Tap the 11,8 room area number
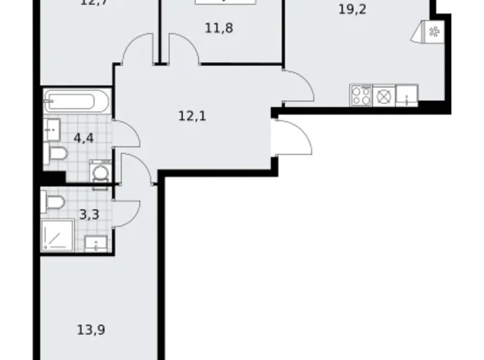pyautogui.click(x=220, y=28)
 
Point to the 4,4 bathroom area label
pyautogui.click(x=84, y=137)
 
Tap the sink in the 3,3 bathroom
pyautogui.click(x=97, y=243)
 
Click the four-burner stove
pyautogui.click(x=362, y=95)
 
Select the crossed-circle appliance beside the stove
pyautogui.click(x=385, y=96)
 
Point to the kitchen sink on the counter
pyautogui.click(x=406, y=96)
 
